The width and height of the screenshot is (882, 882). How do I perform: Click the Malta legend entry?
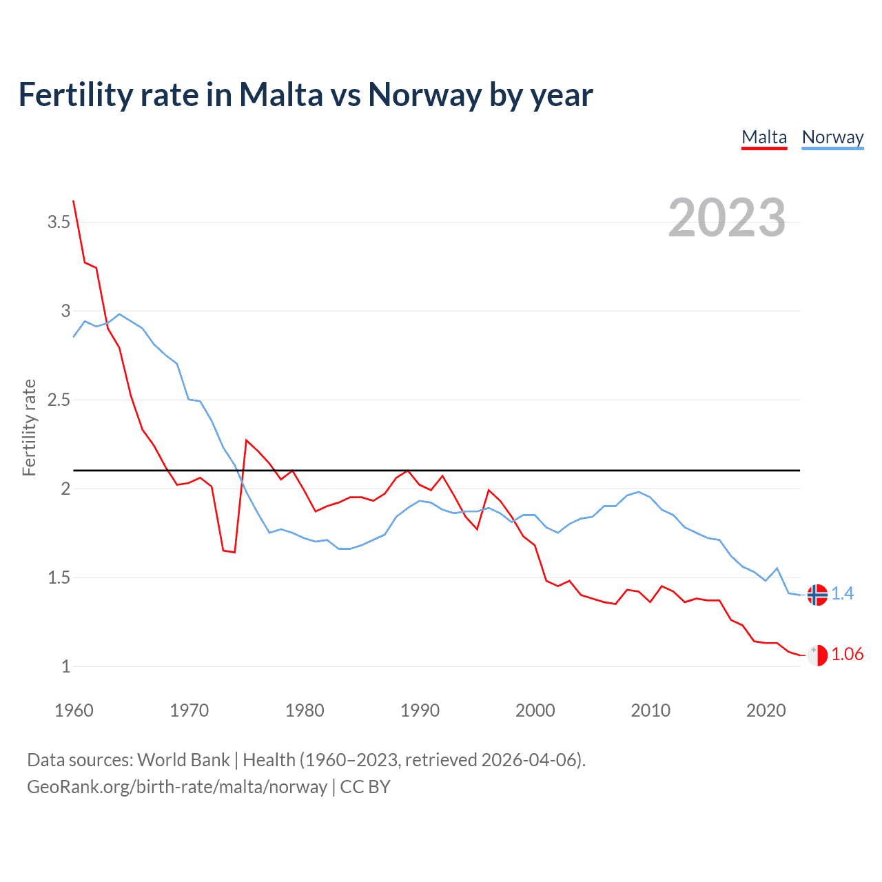click(x=764, y=138)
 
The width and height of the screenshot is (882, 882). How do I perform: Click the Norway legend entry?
click(x=832, y=138)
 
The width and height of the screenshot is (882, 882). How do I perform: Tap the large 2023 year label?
click(x=727, y=218)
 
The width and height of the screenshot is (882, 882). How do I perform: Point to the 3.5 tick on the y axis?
click(x=59, y=222)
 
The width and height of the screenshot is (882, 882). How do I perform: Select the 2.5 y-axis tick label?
click(x=59, y=400)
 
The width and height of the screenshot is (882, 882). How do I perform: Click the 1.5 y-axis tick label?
click(x=59, y=577)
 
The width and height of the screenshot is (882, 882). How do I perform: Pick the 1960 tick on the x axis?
click(x=74, y=710)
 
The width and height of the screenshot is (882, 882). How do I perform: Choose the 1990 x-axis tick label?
click(x=420, y=710)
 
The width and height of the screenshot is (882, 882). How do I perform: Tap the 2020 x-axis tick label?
click(x=766, y=710)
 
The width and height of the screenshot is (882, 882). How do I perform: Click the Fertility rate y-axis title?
click(x=29, y=427)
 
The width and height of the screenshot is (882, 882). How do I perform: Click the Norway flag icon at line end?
click(x=817, y=595)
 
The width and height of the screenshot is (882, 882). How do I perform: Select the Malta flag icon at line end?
click(x=817, y=655)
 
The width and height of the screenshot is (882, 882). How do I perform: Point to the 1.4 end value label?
click(x=842, y=593)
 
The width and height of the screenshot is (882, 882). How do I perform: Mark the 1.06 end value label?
click(x=847, y=654)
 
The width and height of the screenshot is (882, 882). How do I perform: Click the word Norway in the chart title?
click(x=424, y=94)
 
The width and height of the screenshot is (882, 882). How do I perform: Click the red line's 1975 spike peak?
click(x=247, y=440)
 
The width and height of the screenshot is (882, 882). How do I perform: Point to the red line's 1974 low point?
click(x=234, y=552)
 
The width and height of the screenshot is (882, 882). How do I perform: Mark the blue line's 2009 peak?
click(x=639, y=492)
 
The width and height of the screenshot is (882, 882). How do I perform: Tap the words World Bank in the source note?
click(x=183, y=760)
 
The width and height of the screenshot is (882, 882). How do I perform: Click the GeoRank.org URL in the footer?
click(x=177, y=787)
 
